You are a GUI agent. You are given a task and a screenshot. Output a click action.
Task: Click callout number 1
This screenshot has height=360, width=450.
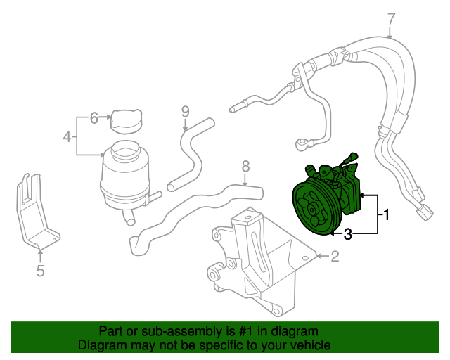coord(385,212)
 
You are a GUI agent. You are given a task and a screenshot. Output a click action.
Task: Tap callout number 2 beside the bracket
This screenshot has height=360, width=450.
coord(335,257)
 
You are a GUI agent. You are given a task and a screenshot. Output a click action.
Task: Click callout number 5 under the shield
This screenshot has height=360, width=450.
coord(40,271)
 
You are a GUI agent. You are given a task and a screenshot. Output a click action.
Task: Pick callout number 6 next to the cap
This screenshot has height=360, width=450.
coord(94,118)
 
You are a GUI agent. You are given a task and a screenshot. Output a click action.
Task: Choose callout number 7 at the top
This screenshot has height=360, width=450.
coord(392,18)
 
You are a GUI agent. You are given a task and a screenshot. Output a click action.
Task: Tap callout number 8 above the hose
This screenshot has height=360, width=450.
coord(245,167)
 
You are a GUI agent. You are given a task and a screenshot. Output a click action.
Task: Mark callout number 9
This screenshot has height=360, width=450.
coord(186,111)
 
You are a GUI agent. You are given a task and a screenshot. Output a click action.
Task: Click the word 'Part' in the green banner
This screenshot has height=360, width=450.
coord(110,331)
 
